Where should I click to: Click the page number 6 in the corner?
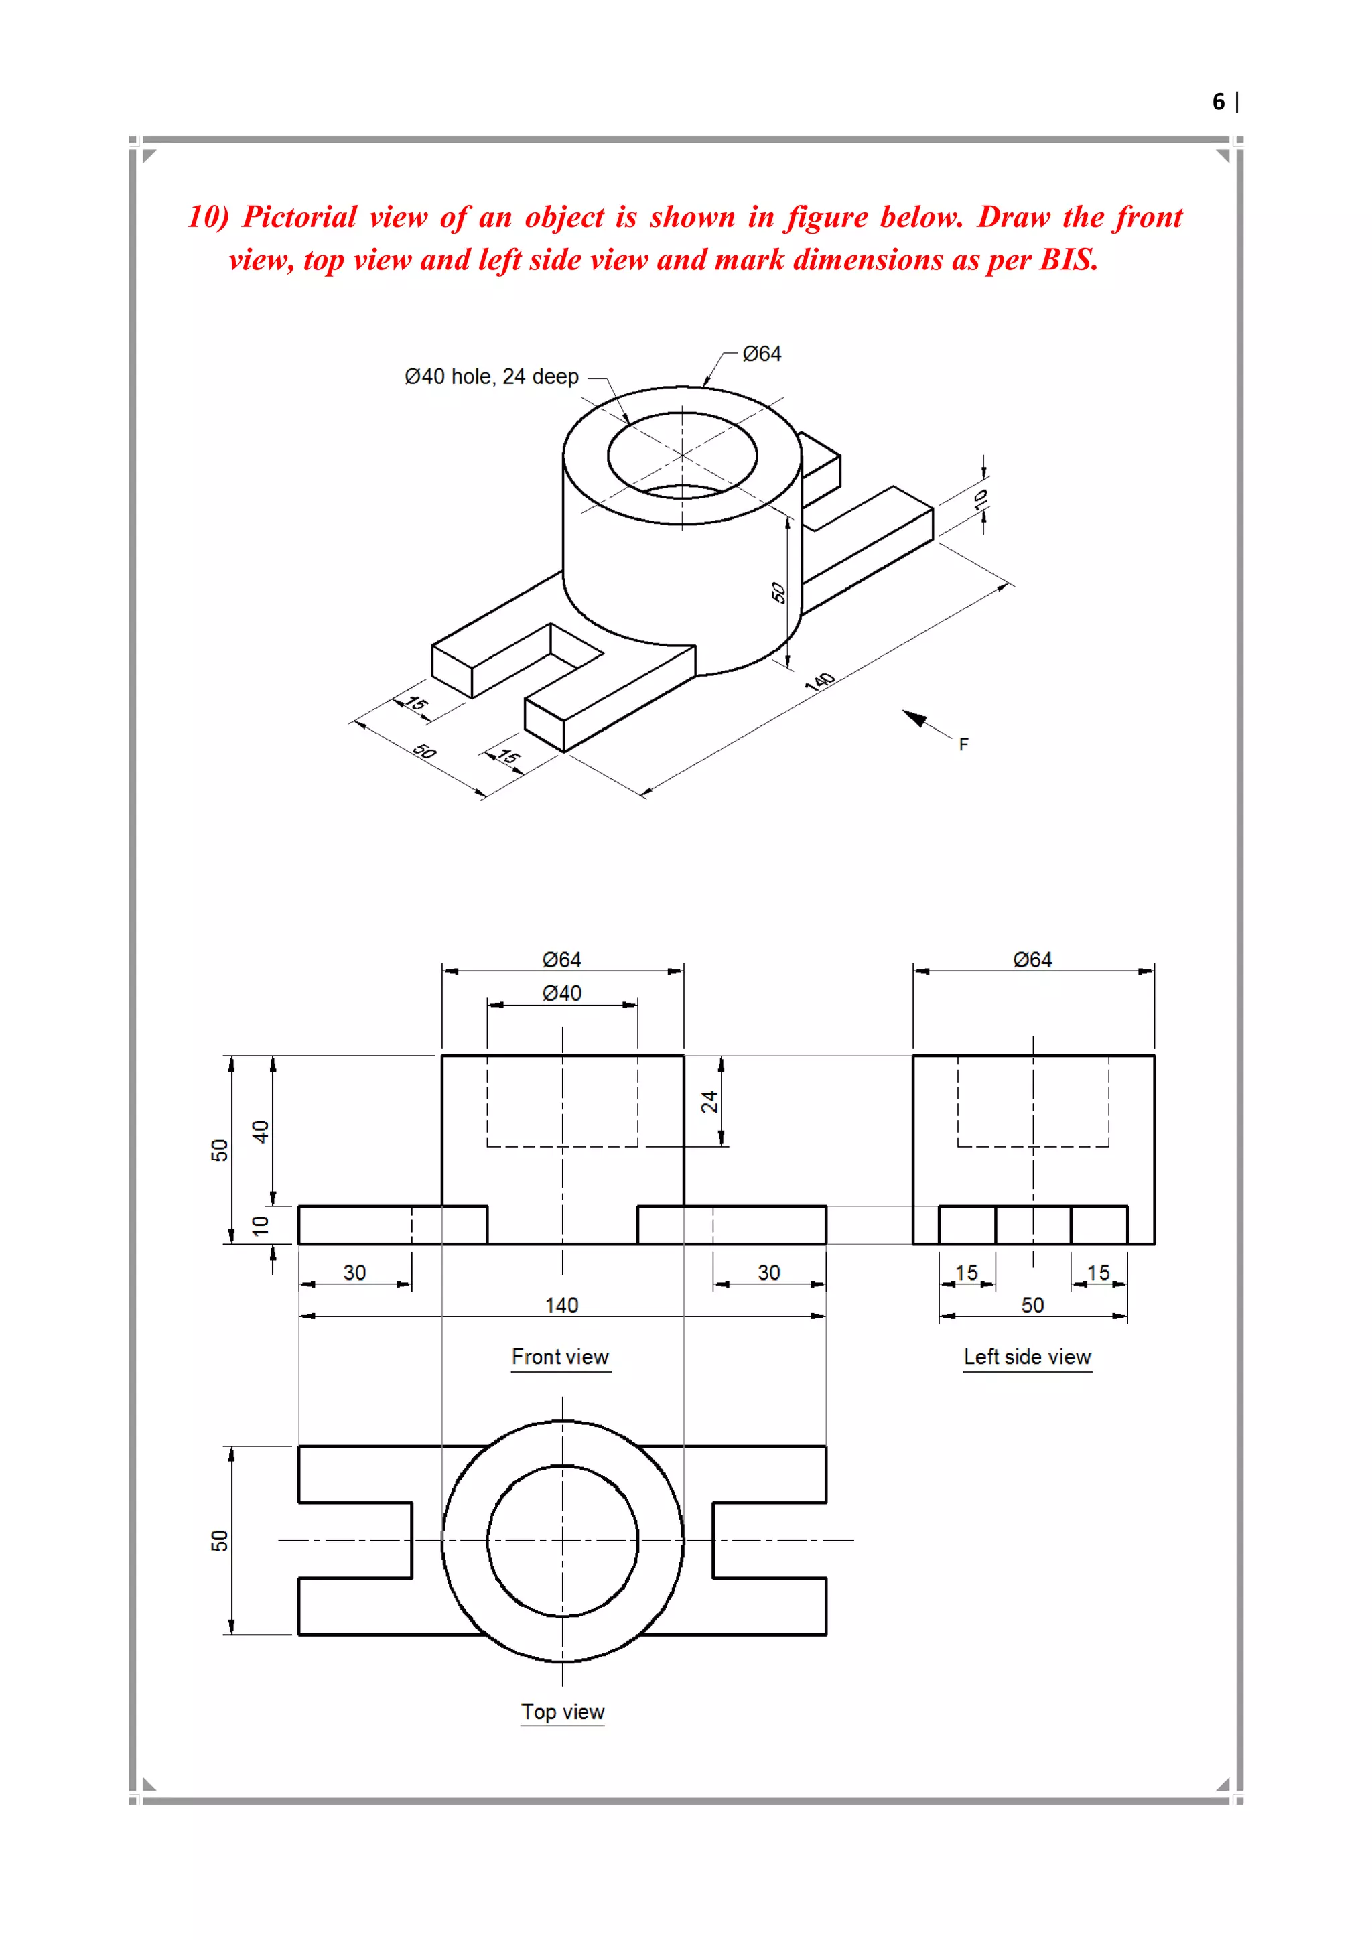(1217, 102)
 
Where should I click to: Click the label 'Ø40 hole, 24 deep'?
(492, 377)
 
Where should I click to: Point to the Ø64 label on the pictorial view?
(762, 354)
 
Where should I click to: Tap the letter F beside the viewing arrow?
(963, 744)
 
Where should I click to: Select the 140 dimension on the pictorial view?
(819, 682)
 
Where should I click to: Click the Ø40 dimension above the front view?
(562, 993)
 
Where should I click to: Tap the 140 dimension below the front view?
(562, 1306)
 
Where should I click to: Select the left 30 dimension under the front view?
(355, 1273)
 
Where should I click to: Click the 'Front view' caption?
(560, 1357)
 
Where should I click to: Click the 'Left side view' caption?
(1027, 1357)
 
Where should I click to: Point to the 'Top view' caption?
(563, 1712)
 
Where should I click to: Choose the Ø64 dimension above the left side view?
(1032, 960)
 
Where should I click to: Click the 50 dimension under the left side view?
(1032, 1306)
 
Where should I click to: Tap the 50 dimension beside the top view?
(220, 1540)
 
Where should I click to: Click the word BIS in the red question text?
(1068, 260)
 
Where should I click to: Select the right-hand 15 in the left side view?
(1098, 1273)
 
